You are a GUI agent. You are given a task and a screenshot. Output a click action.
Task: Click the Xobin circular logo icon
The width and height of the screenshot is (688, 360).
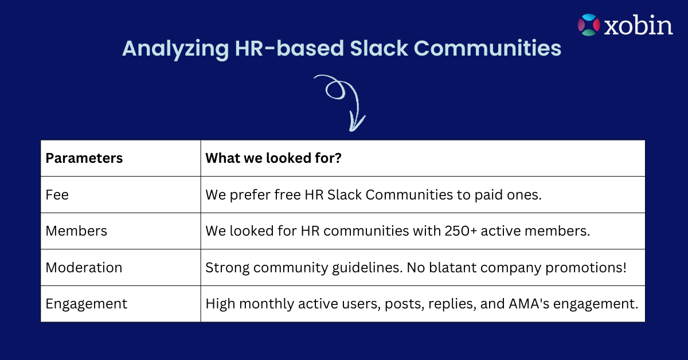pyautogui.click(x=588, y=25)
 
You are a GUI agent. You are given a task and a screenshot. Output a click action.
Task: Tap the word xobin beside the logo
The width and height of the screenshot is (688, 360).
pyautogui.click(x=638, y=25)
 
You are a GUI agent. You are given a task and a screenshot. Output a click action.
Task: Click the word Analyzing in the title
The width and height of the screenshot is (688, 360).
pyautogui.click(x=175, y=49)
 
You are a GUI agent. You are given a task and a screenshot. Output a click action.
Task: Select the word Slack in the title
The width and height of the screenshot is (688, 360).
pyautogui.click(x=379, y=48)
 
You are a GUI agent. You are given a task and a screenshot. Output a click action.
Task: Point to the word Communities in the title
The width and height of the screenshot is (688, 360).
pyautogui.click(x=487, y=48)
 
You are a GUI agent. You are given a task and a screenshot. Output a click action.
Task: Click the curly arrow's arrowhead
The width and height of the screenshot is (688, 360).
pyautogui.click(x=355, y=123)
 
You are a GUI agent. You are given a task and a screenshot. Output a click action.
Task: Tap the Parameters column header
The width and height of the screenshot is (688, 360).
pyautogui.click(x=84, y=158)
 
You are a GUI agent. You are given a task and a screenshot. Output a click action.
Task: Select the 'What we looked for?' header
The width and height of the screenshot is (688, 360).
pyautogui.click(x=273, y=158)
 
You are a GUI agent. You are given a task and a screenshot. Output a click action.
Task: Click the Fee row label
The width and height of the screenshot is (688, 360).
pyautogui.click(x=57, y=195)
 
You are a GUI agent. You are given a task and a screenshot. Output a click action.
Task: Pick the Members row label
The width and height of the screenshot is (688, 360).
pyautogui.click(x=76, y=231)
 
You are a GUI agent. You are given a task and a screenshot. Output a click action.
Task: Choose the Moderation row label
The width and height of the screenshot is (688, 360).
pyautogui.click(x=84, y=268)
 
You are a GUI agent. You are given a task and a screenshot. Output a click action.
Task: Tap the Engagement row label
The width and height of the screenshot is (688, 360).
pyautogui.click(x=87, y=304)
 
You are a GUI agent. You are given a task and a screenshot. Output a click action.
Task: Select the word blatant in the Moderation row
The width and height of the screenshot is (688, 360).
pyautogui.click(x=453, y=268)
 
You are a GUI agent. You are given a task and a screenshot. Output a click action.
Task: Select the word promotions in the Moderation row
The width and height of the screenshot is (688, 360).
pyautogui.click(x=586, y=268)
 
